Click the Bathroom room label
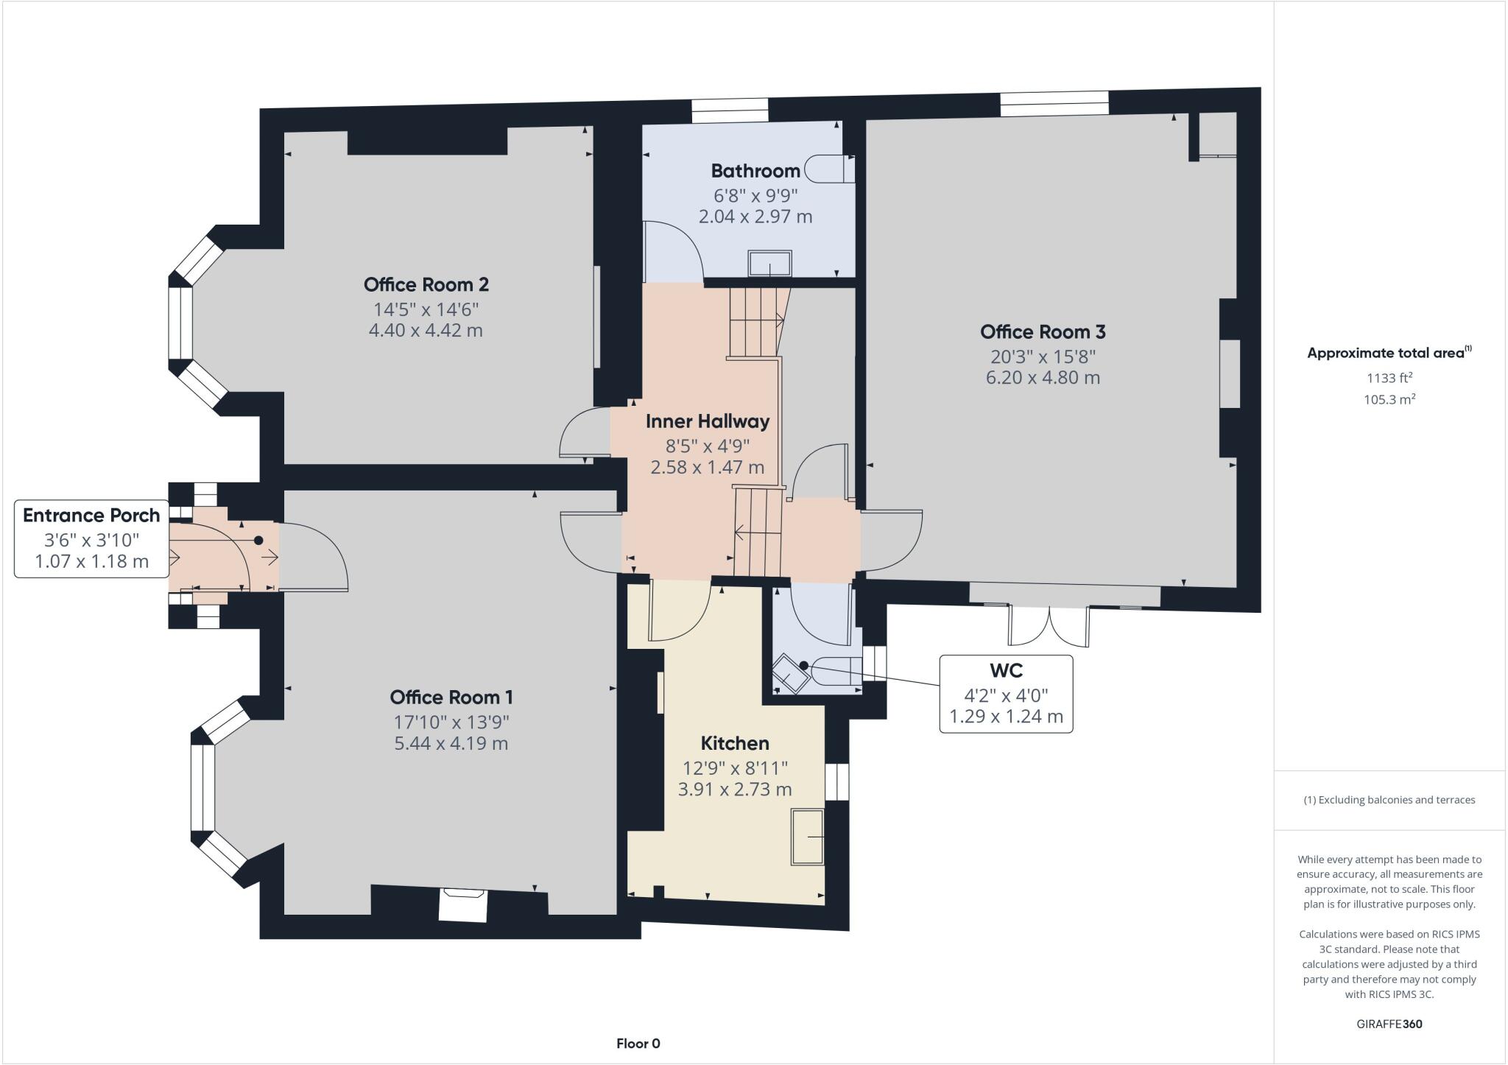point(755,171)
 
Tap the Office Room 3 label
point(1043,331)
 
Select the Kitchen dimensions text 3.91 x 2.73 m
point(734,790)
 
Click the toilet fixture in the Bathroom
point(828,169)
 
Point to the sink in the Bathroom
point(770,264)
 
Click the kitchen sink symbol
point(808,836)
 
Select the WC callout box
point(1006,693)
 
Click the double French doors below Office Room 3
point(1049,625)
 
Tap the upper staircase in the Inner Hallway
point(755,322)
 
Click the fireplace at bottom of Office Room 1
point(463,904)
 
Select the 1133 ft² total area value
point(1389,378)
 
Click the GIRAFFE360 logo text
point(1389,1024)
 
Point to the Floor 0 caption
point(638,1044)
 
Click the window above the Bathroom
point(730,110)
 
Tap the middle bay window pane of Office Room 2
point(180,322)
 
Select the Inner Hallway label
point(707,421)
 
